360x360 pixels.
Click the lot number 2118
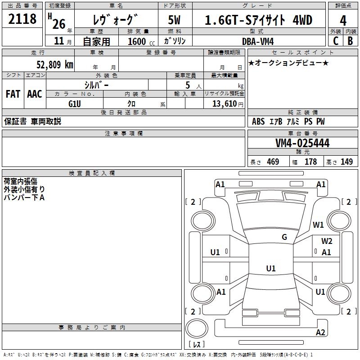(x=22, y=20)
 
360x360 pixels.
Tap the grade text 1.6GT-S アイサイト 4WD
(x=258, y=20)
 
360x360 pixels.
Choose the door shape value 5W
(x=175, y=20)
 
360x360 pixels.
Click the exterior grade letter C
(x=335, y=41)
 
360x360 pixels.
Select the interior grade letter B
(x=351, y=41)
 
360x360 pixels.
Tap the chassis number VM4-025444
(x=302, y=143)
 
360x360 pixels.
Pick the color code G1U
(x=74, y=104)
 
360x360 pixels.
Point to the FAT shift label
(x=13, y=94)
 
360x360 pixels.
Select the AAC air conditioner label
(x=35, y=94)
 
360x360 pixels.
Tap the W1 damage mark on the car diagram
(x=319, y=225)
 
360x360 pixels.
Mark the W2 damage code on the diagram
(x=327, y=241)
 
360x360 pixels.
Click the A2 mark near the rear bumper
(x=320, y=333)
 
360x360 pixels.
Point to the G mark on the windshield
(x=284, y=237)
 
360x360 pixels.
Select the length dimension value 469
(x=273, y=162)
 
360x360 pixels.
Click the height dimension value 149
(x=346, y=162)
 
